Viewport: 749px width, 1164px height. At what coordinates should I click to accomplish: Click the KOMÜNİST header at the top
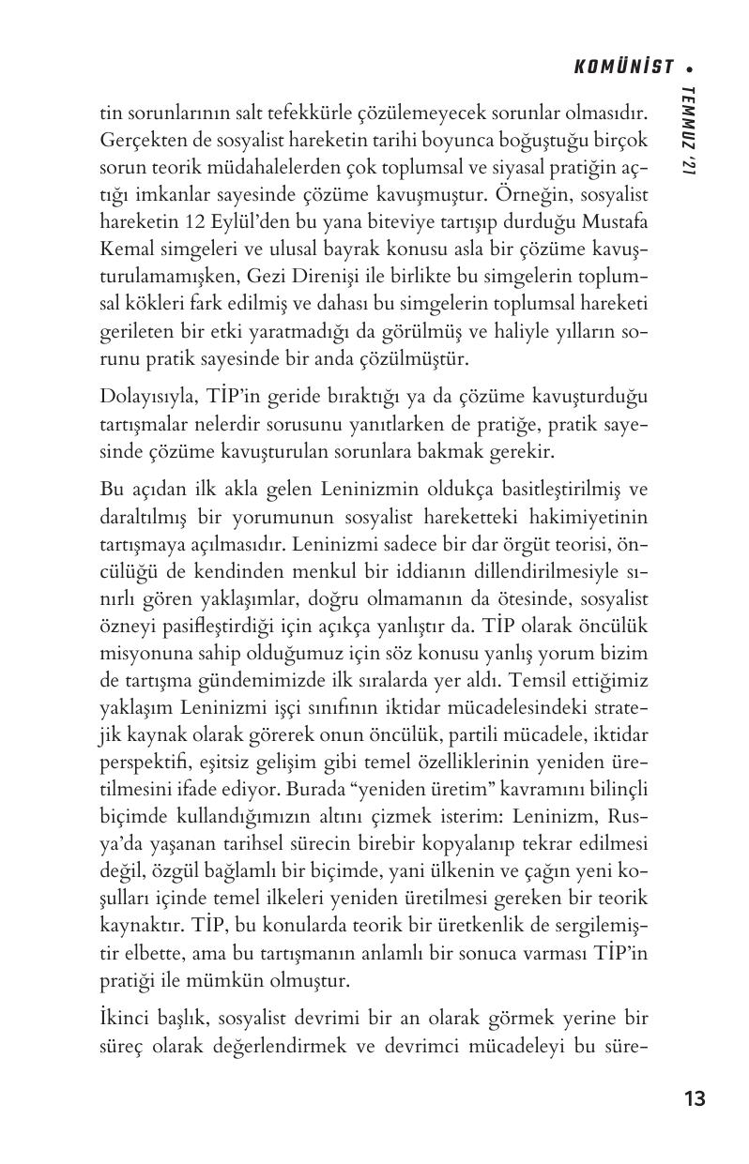[623, 67]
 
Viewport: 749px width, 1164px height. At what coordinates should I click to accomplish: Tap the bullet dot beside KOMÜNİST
[690, 68]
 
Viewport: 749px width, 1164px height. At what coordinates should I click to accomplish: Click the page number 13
[695, 1099]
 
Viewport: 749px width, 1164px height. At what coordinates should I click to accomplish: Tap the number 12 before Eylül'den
[183, 228]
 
